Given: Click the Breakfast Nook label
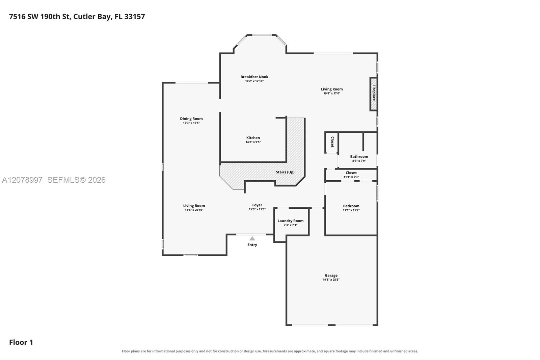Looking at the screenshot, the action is [254, 77].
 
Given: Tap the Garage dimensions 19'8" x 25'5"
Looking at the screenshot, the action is [331, 280].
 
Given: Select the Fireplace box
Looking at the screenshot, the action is [373, 94].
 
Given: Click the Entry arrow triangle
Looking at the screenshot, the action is [252, 238].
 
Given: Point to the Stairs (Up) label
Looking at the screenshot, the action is [285, 172].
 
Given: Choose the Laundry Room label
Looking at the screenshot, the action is [291, 221].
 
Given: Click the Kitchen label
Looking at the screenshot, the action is [253, 138].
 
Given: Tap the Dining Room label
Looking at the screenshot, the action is [191, 119].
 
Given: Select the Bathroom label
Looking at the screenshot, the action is [359, 157].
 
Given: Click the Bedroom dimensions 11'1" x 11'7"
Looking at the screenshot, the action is [351, 210].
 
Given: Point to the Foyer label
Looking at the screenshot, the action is [257, 205].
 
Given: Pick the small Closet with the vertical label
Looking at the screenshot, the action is [331, 143].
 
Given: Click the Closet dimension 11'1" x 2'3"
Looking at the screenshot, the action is [351, 177].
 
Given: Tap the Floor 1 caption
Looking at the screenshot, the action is [21, 342].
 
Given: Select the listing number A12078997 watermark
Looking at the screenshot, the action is [22, 180].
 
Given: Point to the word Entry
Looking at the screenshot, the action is [252, 245].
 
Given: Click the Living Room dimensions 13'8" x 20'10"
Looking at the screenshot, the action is [194, 210].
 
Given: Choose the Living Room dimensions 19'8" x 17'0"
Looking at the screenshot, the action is [332, 94].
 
